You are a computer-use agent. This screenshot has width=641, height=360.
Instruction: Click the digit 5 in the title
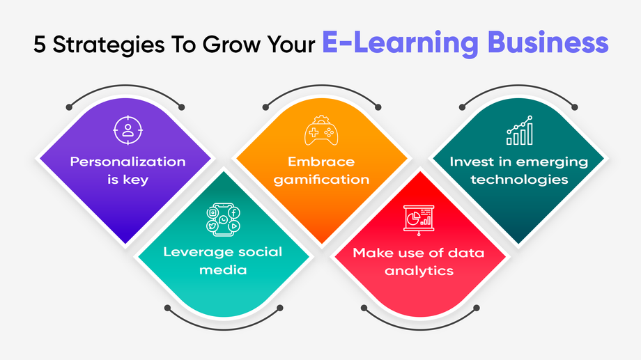(39, 44)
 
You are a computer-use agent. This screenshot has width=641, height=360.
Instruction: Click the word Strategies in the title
(109, 45)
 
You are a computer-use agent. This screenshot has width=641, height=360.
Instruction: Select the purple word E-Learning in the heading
(400, 43)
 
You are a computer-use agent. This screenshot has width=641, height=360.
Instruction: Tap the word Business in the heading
(548, 42)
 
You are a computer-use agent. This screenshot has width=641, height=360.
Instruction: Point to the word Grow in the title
(231, 45)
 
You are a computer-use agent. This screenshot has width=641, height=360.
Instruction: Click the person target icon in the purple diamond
(128, 130)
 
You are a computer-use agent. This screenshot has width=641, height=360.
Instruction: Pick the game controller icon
(321, 130)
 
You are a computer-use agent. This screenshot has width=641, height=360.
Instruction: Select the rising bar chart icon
(520, 130)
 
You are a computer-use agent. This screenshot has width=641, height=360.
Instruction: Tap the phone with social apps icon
(223, 220)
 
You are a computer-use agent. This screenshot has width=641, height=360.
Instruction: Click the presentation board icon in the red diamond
(419, 220)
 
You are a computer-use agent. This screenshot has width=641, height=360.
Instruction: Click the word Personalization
(128, 162)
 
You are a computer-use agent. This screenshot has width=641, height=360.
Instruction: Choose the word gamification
(321, 180)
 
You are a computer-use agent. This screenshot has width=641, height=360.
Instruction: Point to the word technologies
(519, 180)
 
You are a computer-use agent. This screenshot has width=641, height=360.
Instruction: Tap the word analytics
(419, 271)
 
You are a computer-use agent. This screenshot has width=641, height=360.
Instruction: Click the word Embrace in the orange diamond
(321, 162)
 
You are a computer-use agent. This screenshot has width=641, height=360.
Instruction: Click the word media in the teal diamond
(223, 269)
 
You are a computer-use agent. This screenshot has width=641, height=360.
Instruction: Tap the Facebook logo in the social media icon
(234, 212)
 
